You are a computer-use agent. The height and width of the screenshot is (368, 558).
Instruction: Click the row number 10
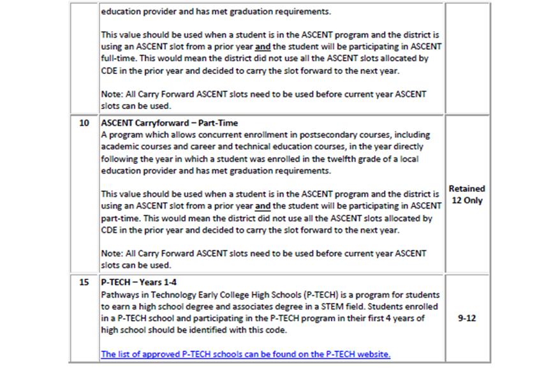(84, 123)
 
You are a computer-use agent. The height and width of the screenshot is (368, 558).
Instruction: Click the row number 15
(84, 283)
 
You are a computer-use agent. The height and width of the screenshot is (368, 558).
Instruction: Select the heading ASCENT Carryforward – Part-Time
(169, 123)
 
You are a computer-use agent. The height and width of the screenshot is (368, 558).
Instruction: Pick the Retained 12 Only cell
(467, 195)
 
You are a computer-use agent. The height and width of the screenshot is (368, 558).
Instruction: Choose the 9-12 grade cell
(467, 318)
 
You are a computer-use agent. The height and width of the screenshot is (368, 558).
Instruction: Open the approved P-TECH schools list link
(246, 354)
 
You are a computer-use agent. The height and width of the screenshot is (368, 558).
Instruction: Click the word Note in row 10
(112, 253)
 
